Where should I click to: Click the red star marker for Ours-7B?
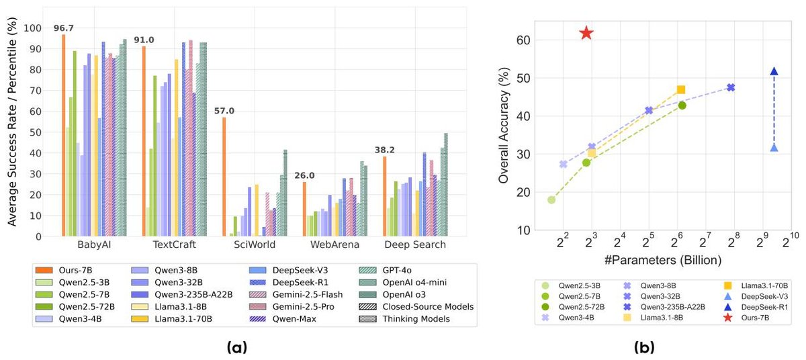point(586,33)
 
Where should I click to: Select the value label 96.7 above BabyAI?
point(64,28)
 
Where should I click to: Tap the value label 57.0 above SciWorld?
point(224,111)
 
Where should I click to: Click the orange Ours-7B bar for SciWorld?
point(224,177)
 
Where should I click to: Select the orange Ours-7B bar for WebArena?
point(304,209)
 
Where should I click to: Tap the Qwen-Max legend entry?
point(304,319)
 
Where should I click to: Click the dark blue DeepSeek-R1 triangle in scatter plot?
point(774,71)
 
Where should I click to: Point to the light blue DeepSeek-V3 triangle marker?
point(774,148)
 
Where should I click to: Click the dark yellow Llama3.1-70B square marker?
point(681,89)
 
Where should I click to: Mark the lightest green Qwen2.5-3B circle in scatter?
point(551,199)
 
